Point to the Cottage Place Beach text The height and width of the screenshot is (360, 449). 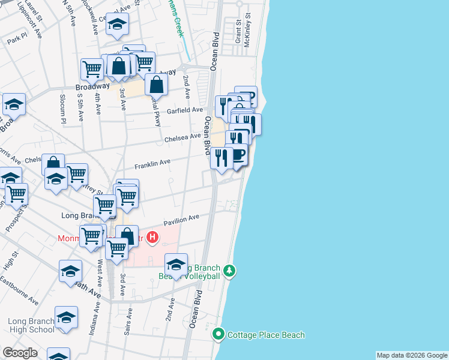[265, 335]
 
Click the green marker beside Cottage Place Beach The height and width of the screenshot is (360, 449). [218, 335]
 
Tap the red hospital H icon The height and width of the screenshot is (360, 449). [152, 238]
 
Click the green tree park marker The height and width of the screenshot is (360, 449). [229, 272]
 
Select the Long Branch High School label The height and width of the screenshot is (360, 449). [31, 325]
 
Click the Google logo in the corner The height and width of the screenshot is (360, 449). [20, 353]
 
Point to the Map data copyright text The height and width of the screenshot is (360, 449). [411, 355]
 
